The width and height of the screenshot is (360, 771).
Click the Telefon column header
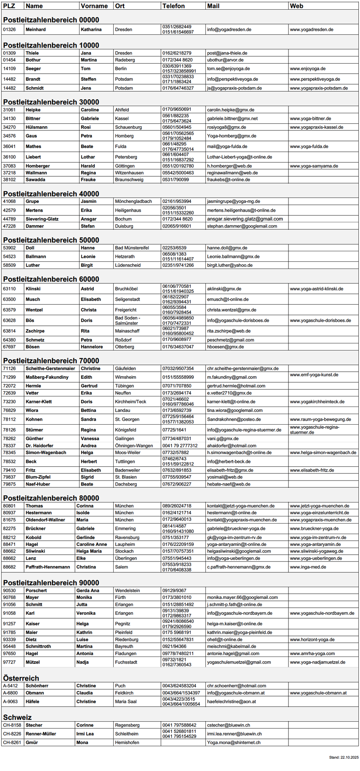pyautogui.click(x=173, y=6)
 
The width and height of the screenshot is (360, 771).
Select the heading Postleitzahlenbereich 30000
pyautogui.click(x=51, y=102)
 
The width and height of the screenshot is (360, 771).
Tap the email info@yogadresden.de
pyautogui.click(x=229, y=29)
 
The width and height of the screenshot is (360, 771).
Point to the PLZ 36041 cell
pyautogui.click(x=9, y=146)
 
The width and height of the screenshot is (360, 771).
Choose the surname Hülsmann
pyautogui.click(x=37, y=127)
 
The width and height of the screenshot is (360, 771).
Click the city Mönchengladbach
pyautogui.click(x=133, y=201)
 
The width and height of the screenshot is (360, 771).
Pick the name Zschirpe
pyautogui.click(x=35, y=331)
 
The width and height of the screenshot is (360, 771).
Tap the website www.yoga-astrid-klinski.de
pyautogui.click(x=316, y=289)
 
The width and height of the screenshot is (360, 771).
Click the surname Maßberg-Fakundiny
pyautogui.click(x=47, y=377)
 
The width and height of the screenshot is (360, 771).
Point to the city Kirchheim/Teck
pyautogui.click(x=131, y=401)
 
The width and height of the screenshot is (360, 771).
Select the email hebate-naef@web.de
pyautogui.click(x=229, y=484)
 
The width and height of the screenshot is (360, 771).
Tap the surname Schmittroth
pyautogui.click(x=38, y=646)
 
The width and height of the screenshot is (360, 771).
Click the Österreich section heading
pyautogui.click(x=21, y=678)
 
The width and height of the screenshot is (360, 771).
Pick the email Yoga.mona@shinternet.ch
pyautogui.click(x=234, y=742)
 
